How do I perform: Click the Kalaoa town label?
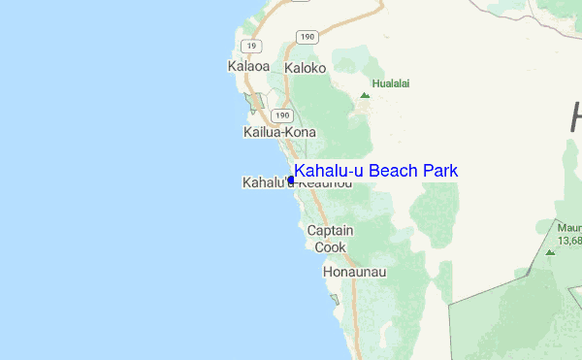click(x=247, y=67)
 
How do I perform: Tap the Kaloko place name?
click(x=306, y=69)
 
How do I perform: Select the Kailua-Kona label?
click(x=279, y=131)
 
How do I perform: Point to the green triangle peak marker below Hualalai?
click(x=365, y=96)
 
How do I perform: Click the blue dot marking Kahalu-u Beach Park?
click(x=291, y=180)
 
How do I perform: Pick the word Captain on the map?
click(x=330, y=231)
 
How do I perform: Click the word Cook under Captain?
click(x=330, y=247)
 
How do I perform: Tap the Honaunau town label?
click(x=354, y=273)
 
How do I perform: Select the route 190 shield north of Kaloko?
click(x=306, y=37)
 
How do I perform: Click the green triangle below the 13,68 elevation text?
click(x=550, y=252)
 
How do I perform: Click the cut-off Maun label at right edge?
click(x=568, y=226)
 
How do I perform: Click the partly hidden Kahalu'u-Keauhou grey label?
click(x=265, y=182)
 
